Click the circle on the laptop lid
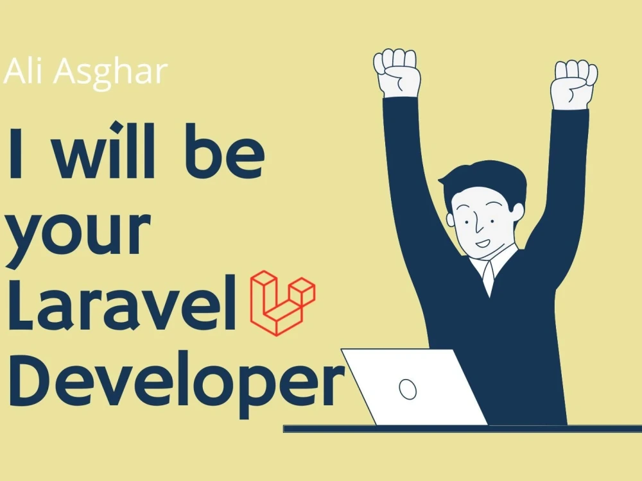(x=407, y=387)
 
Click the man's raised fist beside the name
(x=397, y=72)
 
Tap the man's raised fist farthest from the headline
(x=575, y=83)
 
